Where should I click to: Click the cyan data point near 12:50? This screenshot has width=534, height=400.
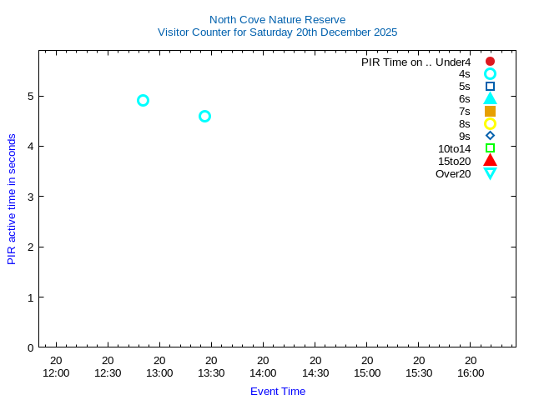tap(143, 100)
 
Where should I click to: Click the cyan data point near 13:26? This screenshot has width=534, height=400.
tap(204, 116)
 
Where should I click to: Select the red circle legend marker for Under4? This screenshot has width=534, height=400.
tap(490, 61)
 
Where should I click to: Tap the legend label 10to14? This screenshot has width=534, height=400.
tap(454, 148)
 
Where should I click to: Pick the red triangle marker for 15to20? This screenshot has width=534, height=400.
tap(490, 161)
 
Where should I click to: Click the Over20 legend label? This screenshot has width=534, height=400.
tap(453, 173)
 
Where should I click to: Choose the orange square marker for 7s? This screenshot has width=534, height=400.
tap(490, 111)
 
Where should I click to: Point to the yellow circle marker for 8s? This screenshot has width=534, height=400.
tap(490, 123)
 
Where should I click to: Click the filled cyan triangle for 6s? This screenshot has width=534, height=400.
tap(490, 98)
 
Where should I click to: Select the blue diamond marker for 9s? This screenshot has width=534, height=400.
tap(490, 136)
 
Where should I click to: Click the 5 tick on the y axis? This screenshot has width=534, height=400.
tap(30, 96)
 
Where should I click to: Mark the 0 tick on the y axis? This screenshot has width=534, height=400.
tap(30, 347)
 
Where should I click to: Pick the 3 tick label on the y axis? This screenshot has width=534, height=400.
tap(30, 197)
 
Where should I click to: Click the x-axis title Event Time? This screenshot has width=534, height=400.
tap(278, 391)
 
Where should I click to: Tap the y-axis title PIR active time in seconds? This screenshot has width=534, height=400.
tap(12, 199)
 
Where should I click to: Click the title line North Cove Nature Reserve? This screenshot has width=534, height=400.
tap(277, 19)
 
